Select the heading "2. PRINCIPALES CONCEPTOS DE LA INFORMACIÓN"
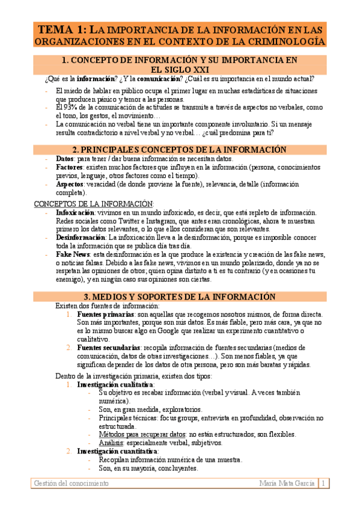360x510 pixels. pyautogui.click(x=180, y=149)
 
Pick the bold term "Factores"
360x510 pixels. pyautogui.click(x=69, y=167)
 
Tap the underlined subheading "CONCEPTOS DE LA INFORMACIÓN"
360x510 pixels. pyautogui.click(x=93, y=204)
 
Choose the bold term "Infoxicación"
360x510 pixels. pyautogui.click(x=75, y=213)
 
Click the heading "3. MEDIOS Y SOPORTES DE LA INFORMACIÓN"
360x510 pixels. pyautogui.click(x=180, y=296)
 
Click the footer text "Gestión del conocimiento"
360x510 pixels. pyautogui.click(x=72, y=483)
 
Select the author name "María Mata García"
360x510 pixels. pyautogui.click(x=287, y=483)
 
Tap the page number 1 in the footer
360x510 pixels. pyautogui.click(x=323, y=483)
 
